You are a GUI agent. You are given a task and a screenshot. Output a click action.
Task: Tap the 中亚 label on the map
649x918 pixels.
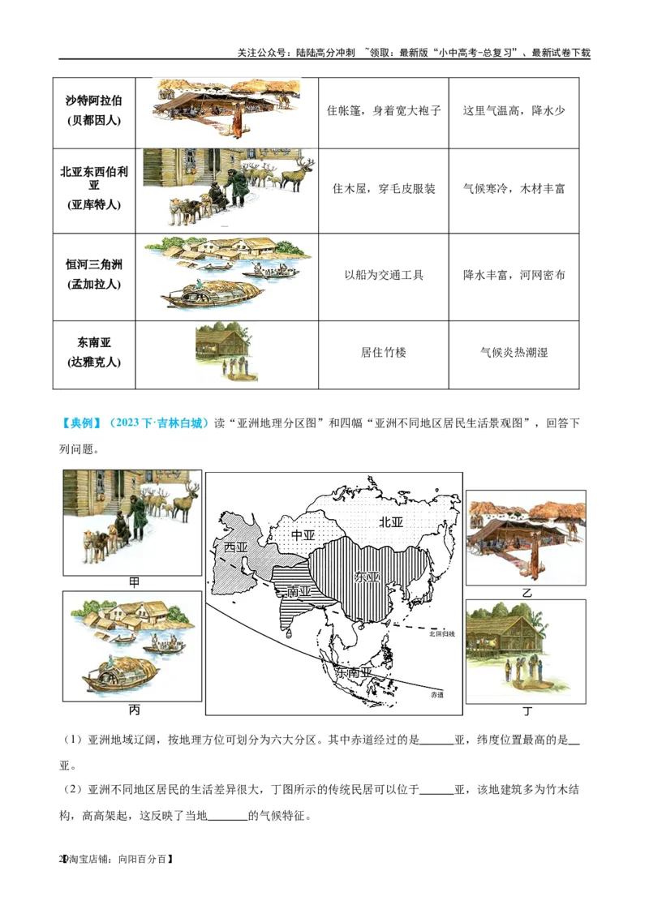(303, 535)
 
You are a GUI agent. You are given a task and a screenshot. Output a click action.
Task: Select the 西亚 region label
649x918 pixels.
(235, 547)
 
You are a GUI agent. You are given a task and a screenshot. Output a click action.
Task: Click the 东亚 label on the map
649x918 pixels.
(367, 577)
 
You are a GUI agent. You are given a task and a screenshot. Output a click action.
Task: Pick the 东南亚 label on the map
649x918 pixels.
(354, 673)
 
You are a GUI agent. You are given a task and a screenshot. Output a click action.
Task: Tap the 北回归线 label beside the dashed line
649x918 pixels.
(442, 633)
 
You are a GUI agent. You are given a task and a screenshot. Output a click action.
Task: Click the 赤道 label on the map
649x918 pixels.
(437, 695)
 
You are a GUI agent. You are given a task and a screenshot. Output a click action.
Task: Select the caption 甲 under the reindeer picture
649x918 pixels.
(134, 582)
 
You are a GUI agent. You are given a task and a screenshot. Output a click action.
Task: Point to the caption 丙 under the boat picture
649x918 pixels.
(134, 710)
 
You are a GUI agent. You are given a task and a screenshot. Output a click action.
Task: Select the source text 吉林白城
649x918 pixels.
(186, 423)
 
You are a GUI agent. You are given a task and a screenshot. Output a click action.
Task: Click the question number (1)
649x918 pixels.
(72, 740)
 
